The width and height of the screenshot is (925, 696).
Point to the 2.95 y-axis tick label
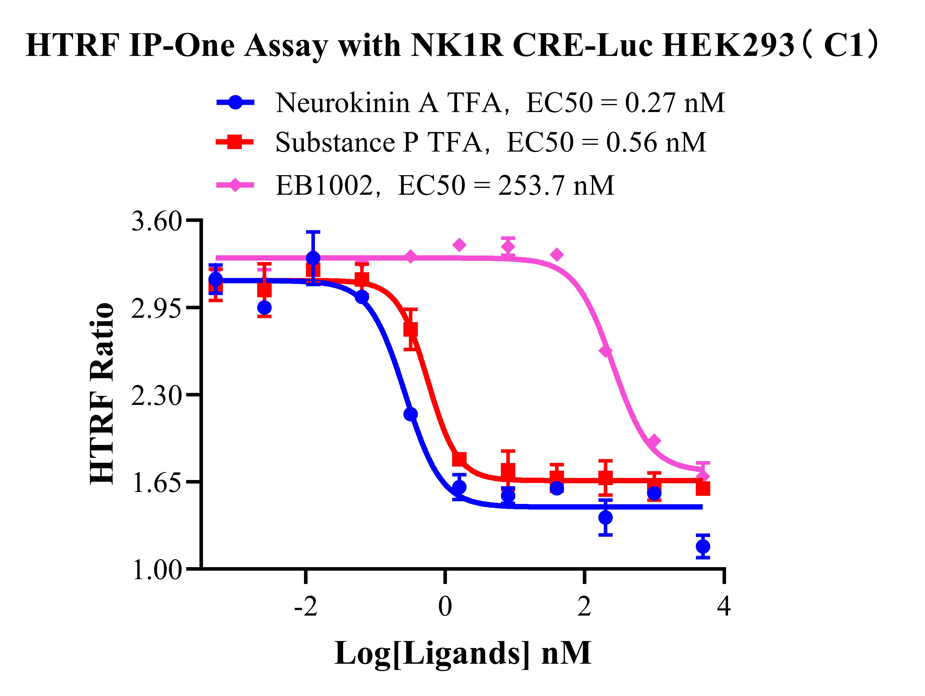click(156, 309)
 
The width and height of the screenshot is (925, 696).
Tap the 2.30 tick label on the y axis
click(156, 396)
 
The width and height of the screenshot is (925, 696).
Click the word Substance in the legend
click(335, 143)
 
